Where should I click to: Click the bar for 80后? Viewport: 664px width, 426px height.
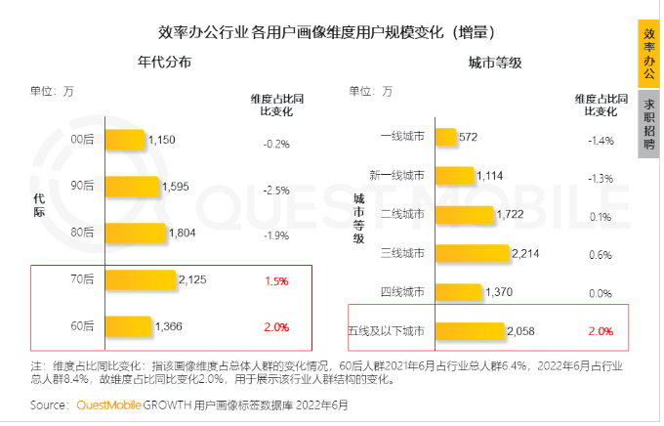[x=136, y=233]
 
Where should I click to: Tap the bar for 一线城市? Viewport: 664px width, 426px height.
[x=445, y=138]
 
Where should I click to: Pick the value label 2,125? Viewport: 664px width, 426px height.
[x=192, y=279]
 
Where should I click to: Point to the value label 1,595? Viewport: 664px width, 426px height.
[x=176, y=186]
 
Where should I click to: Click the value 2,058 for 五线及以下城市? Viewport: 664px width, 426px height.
[x=522, y=331]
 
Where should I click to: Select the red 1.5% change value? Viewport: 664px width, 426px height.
[x=276, y=280]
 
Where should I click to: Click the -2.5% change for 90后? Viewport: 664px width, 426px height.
[x=276, y=191]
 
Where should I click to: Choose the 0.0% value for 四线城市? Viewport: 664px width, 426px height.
[x=601, y=292]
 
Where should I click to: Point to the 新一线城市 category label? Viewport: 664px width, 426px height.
[x=396, y=176]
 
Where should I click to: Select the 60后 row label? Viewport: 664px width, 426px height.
[x=83, y=325]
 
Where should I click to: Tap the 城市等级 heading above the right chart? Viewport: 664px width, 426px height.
[x=495, y=63]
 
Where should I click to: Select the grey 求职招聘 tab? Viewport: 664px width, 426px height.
[x=648, y=124]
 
